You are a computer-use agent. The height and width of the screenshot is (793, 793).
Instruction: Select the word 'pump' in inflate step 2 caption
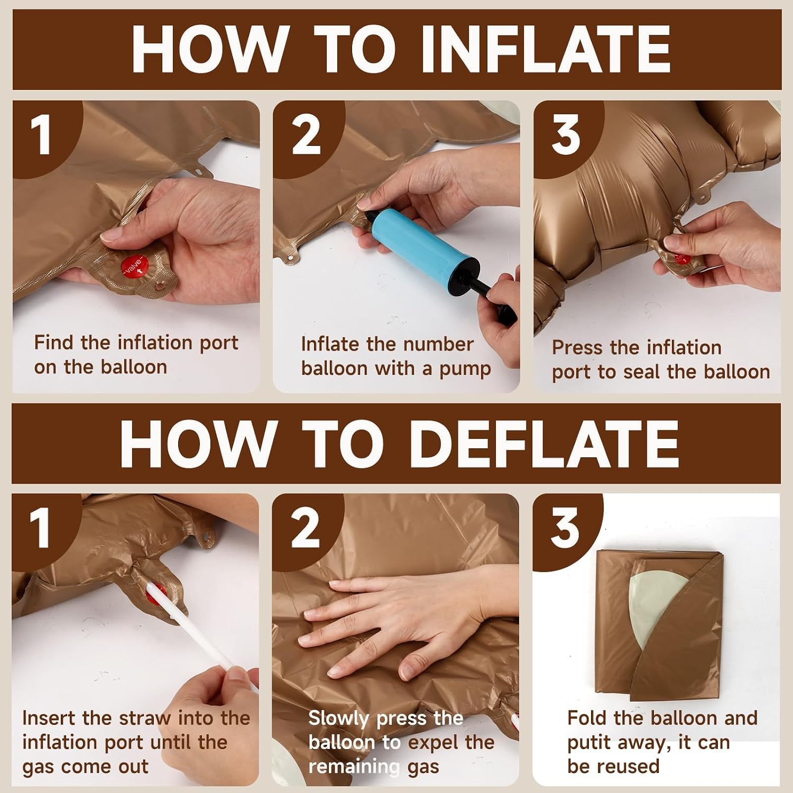[465, 370]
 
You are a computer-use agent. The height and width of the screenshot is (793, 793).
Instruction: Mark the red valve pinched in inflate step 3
[681, 259]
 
